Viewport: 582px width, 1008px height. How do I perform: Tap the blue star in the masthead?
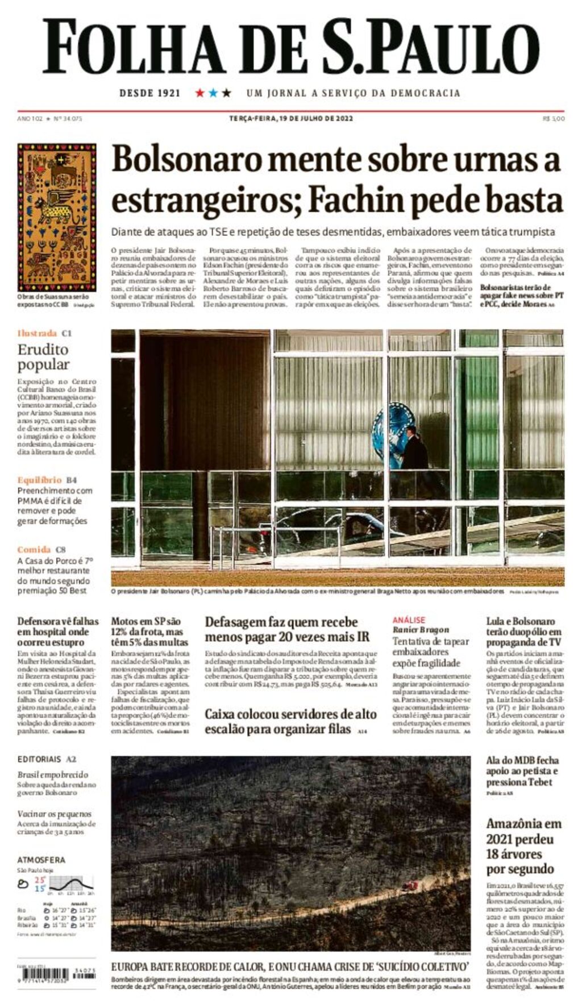click(x=213, y=93)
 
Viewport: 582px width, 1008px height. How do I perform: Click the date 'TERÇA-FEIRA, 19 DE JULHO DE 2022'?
click(x=291, y=119)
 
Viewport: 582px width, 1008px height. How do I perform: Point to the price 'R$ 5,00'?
click(x=554, y=119)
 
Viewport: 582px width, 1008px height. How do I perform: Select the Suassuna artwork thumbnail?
click(x=56, y=217)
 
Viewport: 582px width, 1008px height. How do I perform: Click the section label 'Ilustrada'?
click(x=37, y=333)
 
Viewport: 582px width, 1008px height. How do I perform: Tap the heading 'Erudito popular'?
click(x=43, y=357)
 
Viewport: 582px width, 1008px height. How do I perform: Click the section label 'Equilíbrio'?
click(x=39, y=480)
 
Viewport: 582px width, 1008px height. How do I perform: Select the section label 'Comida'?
click(x=34, y=549)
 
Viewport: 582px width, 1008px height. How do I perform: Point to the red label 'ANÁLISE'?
click(x=409, y=620)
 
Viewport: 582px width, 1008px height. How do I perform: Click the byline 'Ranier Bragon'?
click(x=421, y=629)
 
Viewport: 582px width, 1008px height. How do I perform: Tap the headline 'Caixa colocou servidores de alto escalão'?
click(x=290, y=721)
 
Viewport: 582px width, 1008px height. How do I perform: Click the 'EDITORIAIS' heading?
click(x=39, y=759)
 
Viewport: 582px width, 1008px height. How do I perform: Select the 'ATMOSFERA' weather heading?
click(x=41, y=860)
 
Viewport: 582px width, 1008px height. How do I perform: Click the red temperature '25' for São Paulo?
click(x=40, y=880)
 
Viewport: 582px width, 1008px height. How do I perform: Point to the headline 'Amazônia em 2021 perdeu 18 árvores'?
click(x=523, y=846)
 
